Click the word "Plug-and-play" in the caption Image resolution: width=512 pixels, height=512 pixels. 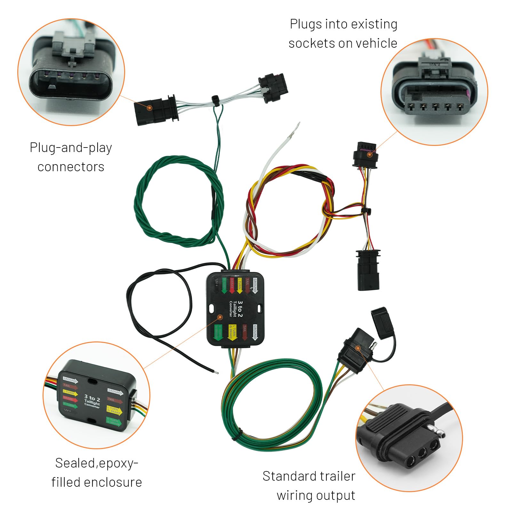(71, 148)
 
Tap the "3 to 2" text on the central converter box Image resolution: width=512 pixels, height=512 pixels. (240, 308)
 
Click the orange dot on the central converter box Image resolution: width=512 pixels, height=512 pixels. (220, 317)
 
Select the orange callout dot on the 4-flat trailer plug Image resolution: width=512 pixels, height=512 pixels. (358, 348)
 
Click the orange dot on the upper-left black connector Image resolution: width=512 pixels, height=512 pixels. (149, 108)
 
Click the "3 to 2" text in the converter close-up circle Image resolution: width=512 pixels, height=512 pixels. (92, 398)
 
